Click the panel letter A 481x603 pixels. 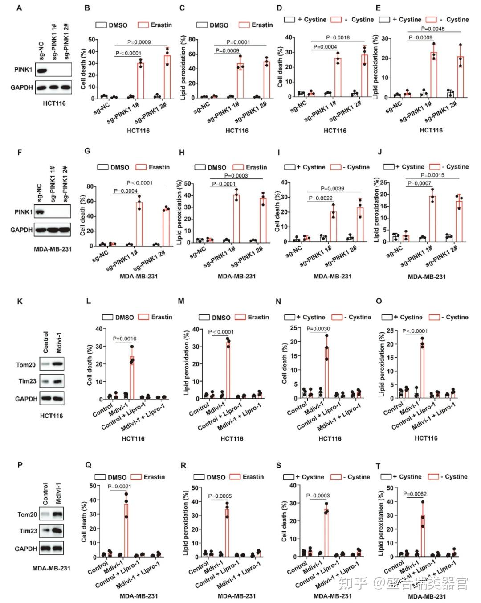(19, 8)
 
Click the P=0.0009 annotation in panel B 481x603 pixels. (139, 42)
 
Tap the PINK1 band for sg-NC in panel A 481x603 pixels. (42, 70)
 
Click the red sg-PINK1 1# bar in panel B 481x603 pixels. (140, 80)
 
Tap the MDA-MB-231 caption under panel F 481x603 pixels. (52, 248)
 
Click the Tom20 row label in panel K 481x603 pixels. (26, 365)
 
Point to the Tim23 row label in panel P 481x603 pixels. (27, 531)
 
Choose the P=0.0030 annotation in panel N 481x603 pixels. (318, 329)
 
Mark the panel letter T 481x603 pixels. (378, 466)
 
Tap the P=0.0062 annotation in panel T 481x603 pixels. (415, 494)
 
